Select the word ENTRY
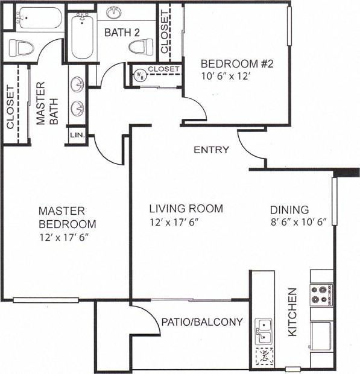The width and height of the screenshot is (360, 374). coord(211,150)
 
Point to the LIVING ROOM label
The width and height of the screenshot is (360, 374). coord(186,209)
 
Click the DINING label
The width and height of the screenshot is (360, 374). coord(289,210)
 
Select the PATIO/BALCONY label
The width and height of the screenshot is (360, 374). coord(201,322)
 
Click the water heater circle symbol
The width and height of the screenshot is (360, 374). coord(139,75)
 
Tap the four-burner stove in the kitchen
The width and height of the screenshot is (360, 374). coord(321,295)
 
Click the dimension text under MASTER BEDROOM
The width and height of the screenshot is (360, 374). coord(66,236)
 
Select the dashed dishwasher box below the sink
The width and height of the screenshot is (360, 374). coord(264,356)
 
